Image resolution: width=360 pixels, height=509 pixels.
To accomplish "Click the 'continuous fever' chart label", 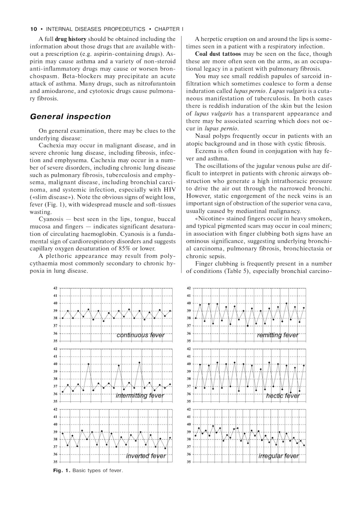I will click(x=140, y=335).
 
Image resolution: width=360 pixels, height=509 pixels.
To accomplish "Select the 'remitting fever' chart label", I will click(x=278, y=335).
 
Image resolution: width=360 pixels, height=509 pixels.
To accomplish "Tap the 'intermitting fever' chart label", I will click(x=140, y=396).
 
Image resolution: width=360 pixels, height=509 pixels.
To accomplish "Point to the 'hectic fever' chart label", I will click(x=283, y=396).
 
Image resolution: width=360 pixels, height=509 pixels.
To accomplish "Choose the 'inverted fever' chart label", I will click(x=146, y=456).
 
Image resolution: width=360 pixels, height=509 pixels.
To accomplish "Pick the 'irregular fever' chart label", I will click(x=279, y=456).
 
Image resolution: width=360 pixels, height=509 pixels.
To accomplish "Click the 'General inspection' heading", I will click(x=70, y=117).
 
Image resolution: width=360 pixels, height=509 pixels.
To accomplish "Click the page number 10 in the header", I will click(x=33, y=29).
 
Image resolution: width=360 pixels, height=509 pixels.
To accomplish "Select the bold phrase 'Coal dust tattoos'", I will click(x=218, y=54).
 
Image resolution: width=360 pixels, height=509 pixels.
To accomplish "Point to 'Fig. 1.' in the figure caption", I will click(x=62, y=471).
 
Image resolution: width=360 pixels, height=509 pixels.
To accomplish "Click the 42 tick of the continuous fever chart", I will click(x=55, y=288).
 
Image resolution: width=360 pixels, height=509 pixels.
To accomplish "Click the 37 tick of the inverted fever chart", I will click(x=55, y=447).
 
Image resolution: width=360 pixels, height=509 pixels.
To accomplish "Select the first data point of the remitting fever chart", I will click(x=196, y=318).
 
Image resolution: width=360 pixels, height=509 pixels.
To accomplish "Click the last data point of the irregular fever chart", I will click(x=304, y=445).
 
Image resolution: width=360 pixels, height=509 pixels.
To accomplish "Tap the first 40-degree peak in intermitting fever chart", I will click(x=89, y=364).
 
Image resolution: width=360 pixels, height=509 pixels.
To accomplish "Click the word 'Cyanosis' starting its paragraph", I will click(x=51, y=219).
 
